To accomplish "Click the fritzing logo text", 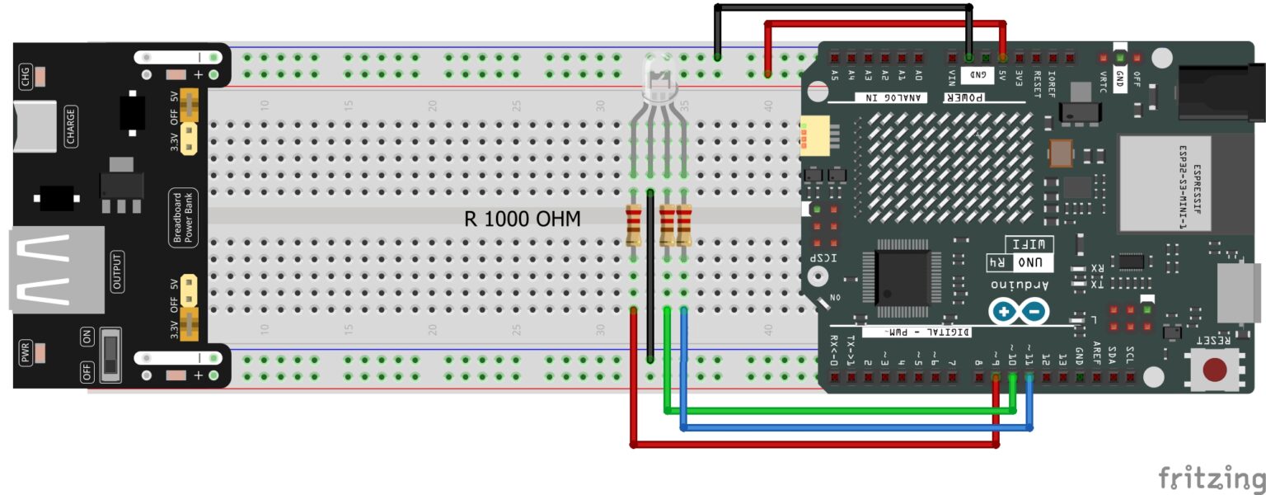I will (1211, 478).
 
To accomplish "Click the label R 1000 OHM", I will (523, 219).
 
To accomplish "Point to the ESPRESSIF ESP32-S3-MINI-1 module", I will (1164, 183).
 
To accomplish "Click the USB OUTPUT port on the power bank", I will (56, 271).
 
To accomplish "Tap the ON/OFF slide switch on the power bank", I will (109, 356).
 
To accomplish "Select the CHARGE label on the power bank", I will (71, 127).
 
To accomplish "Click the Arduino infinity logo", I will (1020, 312).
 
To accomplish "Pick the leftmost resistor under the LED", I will (634, 225).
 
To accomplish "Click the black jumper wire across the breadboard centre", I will (650, 276).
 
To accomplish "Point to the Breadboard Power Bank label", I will (182, 218).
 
